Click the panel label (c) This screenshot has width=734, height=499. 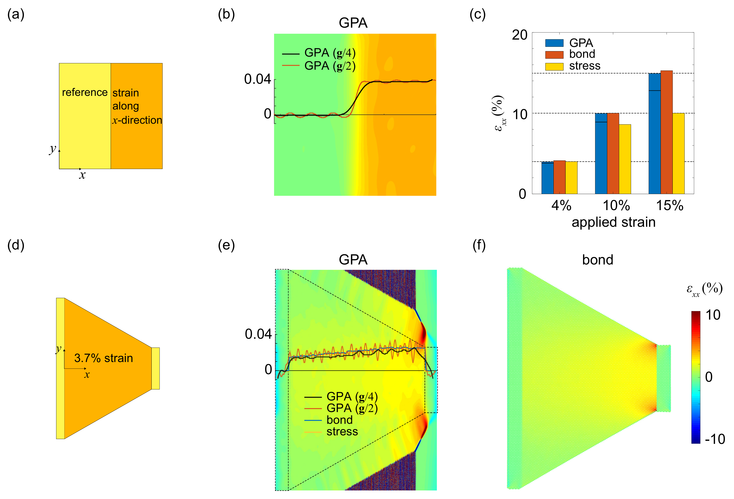477,15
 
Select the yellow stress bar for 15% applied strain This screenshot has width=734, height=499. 678,153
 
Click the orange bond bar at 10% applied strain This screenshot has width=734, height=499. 613,153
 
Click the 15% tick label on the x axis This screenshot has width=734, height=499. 670,206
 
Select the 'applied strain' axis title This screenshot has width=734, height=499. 613,222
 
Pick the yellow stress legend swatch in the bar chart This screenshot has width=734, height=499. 554,66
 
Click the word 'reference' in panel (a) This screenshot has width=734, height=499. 85,92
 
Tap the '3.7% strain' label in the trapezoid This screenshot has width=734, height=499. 104,358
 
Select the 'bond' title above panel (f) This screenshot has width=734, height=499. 597,260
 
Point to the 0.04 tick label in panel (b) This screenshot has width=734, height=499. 257,79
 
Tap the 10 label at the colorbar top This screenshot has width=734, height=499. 713,315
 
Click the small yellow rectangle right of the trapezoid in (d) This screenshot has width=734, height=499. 155,368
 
